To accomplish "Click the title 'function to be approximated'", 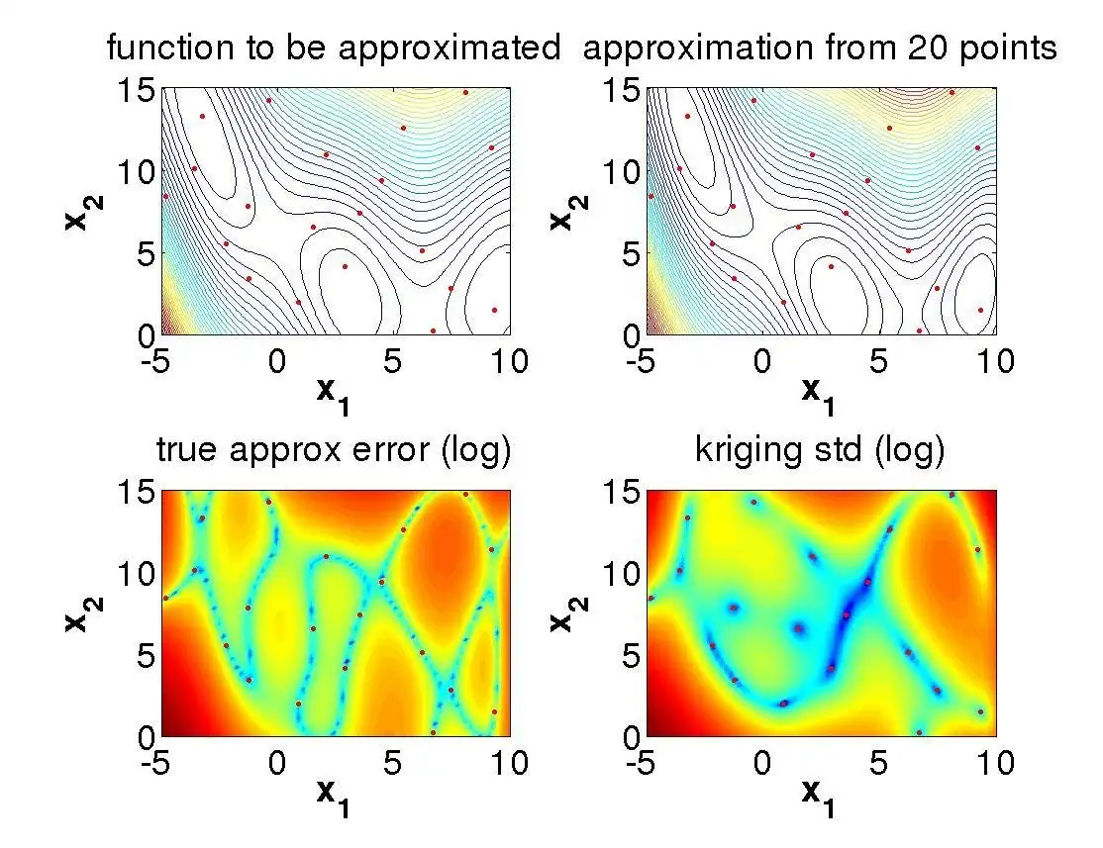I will pos(334,47).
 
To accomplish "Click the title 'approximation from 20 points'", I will pos(821,47).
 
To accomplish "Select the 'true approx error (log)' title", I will pos(334,451).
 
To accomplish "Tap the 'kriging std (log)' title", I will pos(821,451).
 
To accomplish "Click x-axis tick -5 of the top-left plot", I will pos(161,360).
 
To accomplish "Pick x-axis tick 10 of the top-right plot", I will pos(995,360).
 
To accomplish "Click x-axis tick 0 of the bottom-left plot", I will pos(278,764).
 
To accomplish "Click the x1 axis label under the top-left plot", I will pos(336,393).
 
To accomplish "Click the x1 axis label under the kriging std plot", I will pos(821,797).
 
